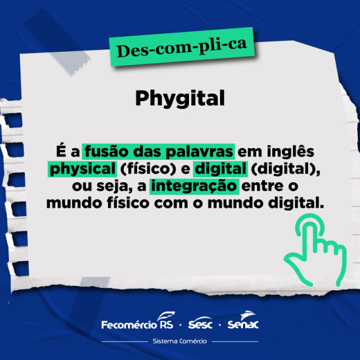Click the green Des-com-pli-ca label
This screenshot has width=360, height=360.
coord(182,47)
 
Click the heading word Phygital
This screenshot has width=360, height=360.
coord(180,99)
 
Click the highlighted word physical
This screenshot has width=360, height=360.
coord(83,169)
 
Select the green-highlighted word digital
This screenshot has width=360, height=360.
coord(220,169)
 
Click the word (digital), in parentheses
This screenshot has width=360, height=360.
coord(286,169)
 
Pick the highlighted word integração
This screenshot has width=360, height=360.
coord(194,186)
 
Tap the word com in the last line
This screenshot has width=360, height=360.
coord(171,204)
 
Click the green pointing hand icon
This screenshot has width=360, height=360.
coord(315,250)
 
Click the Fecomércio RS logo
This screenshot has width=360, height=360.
coord(138,321)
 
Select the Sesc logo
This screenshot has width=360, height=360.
coord(200,322)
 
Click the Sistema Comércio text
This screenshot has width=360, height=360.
coord(180,341)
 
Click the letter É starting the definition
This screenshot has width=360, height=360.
coord(61,150)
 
